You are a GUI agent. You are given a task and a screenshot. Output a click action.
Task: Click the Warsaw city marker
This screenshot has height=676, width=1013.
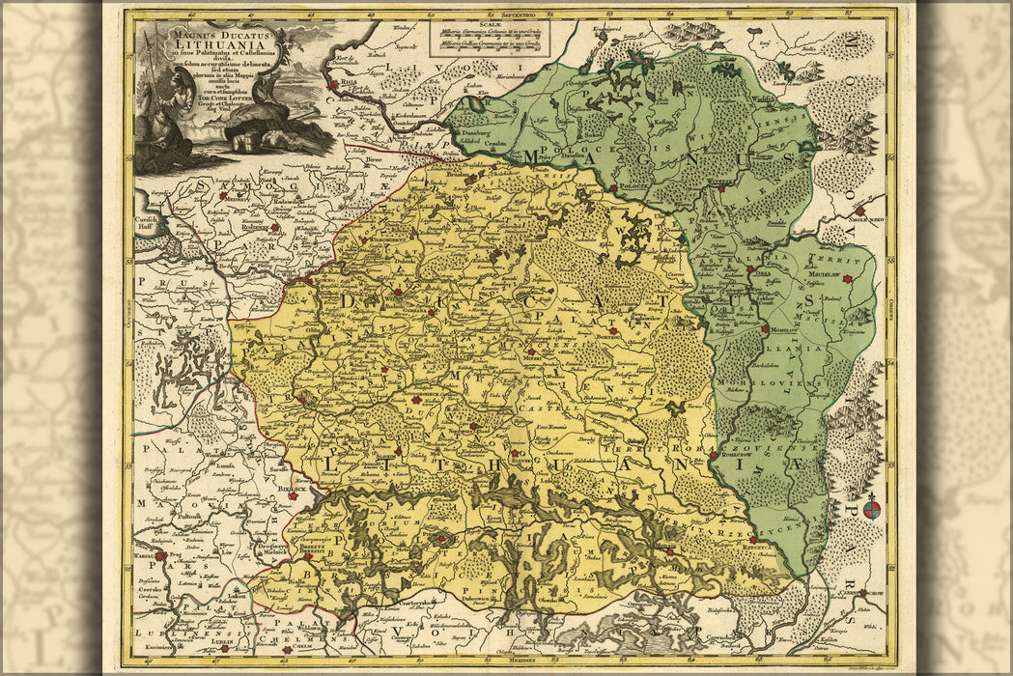point(160,556)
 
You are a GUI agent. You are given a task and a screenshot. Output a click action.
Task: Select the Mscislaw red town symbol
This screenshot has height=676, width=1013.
point(847,279)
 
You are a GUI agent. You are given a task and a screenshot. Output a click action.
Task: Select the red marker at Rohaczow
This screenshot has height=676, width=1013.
point(713,455)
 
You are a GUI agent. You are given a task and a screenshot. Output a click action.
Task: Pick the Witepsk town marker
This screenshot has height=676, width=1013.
point(721,191)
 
